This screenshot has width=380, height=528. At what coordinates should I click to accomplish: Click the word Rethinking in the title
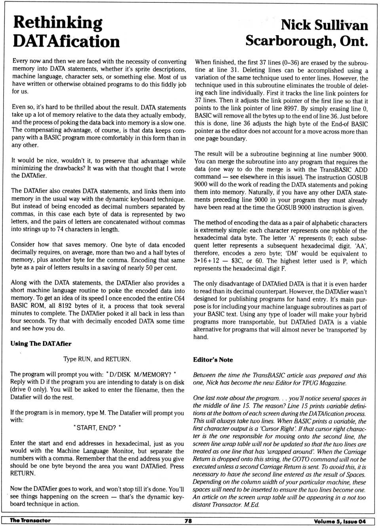(58, 23)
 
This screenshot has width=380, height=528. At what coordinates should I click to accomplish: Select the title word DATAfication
(66, 41)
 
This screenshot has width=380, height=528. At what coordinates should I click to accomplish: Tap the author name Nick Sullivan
(324, 25)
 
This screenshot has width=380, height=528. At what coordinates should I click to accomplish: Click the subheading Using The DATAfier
(41, 344)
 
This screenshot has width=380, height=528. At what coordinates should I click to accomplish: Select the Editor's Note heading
(213, 360)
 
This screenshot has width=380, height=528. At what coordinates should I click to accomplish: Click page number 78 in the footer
(188, 521)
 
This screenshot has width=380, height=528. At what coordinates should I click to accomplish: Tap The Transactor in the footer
(30, 520)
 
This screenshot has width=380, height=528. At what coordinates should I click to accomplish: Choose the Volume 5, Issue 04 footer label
(340, 521)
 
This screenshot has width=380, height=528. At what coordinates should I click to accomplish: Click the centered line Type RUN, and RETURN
(97, 359)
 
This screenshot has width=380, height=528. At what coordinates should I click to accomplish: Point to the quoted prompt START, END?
(97, 428)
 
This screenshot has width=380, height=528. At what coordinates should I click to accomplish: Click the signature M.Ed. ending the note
(251, 505)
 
